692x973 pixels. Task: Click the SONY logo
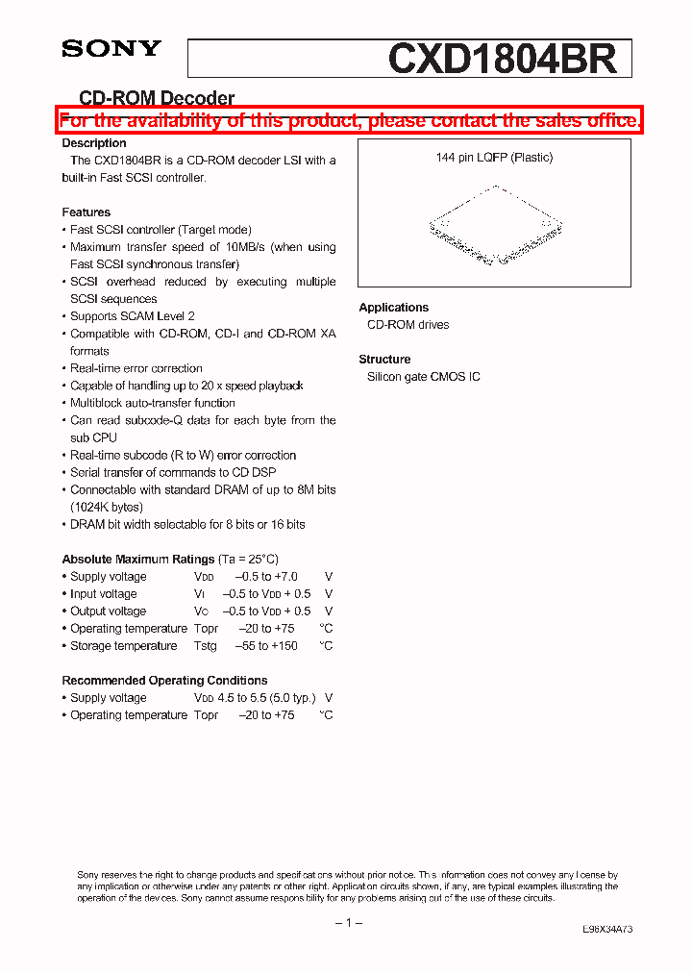tap(111, 49)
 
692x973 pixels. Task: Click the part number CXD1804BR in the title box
tap(502, 59)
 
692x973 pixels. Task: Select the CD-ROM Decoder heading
tap(156, 98)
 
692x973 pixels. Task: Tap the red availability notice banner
tap(350, 120)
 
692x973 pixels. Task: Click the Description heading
tap(94, 143)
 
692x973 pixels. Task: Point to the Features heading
tap(86, 212)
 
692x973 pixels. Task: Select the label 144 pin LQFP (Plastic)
tap(494, 158)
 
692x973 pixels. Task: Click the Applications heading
tap(394, 308)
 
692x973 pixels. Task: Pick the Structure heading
tap(384, 360)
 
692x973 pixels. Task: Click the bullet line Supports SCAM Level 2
tap(132, 316)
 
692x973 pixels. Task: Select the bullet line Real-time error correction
tap(136, 368)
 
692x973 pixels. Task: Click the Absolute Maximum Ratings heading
tap(137, 560)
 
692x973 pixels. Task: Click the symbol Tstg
tap(205, 646)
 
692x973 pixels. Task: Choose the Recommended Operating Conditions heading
tap(164, 681)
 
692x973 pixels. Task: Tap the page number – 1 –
tap(348, 923)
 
